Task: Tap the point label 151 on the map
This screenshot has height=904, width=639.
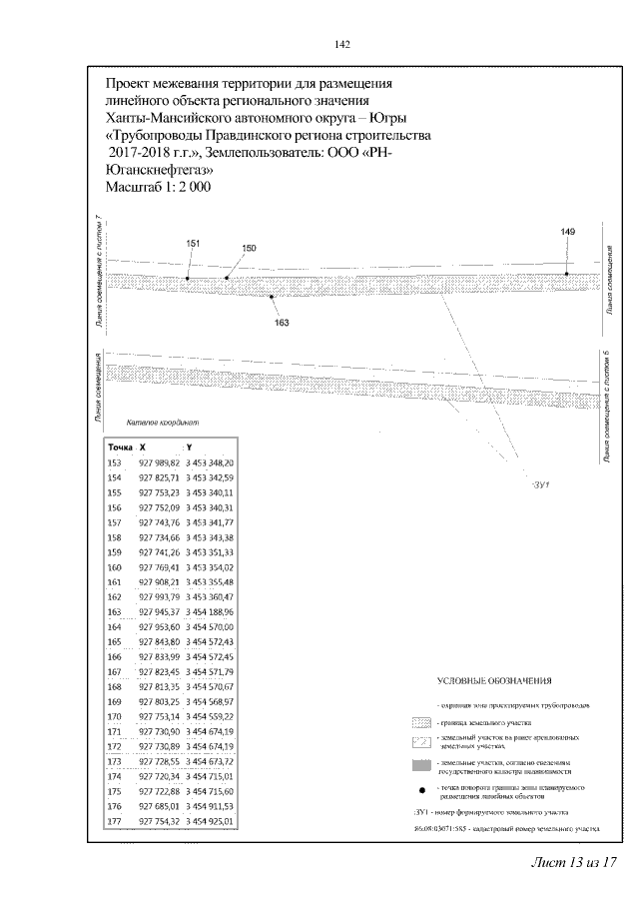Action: [x=193, y=243]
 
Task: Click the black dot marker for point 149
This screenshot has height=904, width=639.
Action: [x=567, y=272]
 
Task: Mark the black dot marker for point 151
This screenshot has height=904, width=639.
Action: [x=188, y=278]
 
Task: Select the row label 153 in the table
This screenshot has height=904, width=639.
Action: [x=114, y=463]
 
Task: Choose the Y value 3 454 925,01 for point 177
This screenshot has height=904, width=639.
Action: [x=209, y=821]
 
